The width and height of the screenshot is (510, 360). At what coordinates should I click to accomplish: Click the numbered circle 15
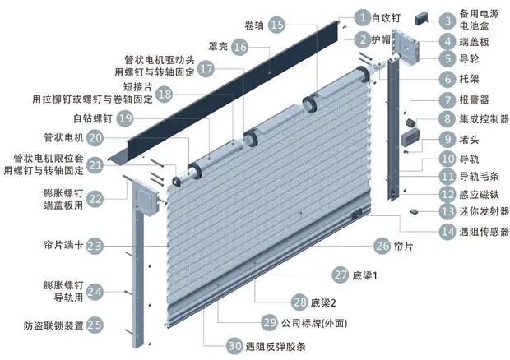point(278,25)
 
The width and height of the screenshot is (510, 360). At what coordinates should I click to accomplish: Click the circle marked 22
point(95,198)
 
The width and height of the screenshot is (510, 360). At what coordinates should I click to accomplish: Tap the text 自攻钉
point(386,16)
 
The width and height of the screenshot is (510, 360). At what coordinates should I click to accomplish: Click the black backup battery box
point(425,16)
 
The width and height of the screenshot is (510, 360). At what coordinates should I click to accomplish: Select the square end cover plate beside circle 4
point(406,44)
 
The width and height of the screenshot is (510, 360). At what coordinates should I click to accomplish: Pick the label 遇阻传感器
point(487,233)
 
